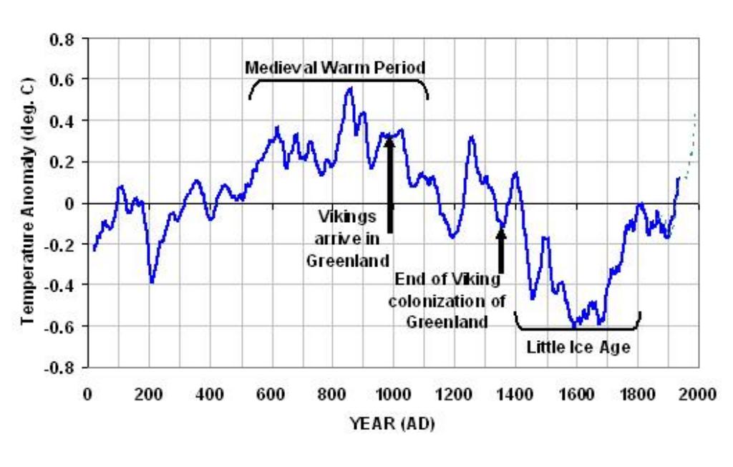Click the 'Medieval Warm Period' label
tap(335, 68)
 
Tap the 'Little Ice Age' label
tap(578, 347)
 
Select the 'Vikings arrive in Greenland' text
tap(347, 239)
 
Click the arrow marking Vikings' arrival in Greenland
tap(390, 185)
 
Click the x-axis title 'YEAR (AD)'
tap(393, 423)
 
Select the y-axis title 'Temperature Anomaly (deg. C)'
tap(28, 201)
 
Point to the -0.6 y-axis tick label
tap(59, 326)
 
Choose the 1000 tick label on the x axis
tap(392, 395)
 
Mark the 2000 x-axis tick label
tap(699, 395)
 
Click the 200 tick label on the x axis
tap(149, 395)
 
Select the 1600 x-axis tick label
tap(576, 395)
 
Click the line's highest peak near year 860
tap(349, 88)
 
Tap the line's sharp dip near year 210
tap(152, 282)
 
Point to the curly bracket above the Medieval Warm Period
tap(339, 80)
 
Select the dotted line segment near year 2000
tap(691, 145)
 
